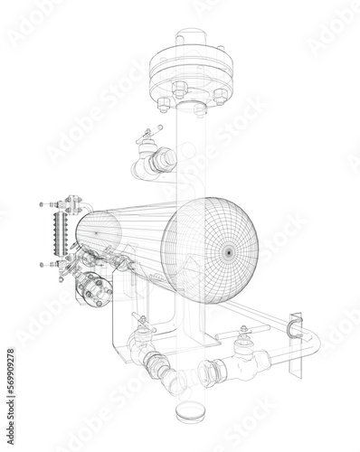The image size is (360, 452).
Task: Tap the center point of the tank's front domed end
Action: coord(224,250)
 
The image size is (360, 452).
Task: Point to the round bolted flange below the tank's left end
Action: coord(90,289)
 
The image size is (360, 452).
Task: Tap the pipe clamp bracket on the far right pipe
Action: coord(294,328)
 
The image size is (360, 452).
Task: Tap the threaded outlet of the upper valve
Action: coord(163,161)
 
